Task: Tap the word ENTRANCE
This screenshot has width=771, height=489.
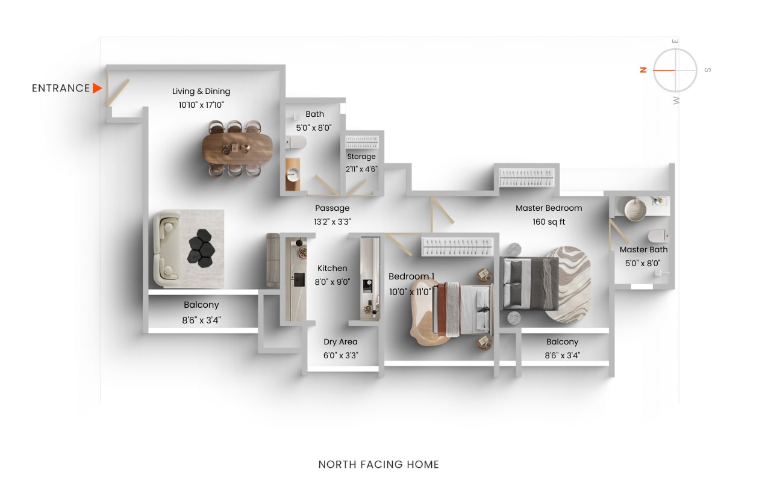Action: pos(61,89)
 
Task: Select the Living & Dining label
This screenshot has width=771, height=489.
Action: pos(201,92)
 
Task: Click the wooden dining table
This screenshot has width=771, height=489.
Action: pos(237,147)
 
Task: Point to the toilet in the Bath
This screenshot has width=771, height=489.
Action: pos(296,142)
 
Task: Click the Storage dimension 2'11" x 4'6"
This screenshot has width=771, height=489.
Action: pos(361,169)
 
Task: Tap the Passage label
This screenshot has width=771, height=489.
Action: pos(332,208)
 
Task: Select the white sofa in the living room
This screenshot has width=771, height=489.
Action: pos(167,249)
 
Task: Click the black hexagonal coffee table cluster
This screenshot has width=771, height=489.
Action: pos(201,248)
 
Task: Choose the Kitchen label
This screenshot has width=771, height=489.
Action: pos(332,268)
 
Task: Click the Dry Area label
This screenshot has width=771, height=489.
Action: pos(340,342)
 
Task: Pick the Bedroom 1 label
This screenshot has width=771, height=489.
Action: pos(411,276)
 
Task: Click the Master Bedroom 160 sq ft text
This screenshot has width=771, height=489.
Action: pos(549,222)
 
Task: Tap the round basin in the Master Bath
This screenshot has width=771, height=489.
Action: pos(635,209)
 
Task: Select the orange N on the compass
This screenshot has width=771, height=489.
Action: pos(643,70)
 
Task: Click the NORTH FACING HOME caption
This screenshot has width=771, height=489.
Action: pos(378,464)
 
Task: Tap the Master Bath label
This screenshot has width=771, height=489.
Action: pos(643,249)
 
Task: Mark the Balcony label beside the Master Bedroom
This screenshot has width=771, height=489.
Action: pos(562,341)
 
